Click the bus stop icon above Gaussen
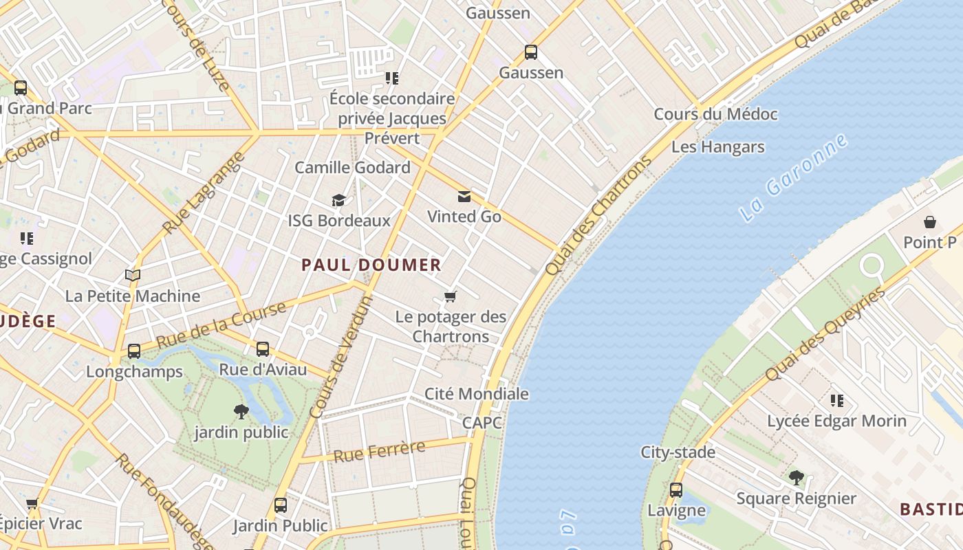click(530, 52)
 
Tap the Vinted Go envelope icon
click(464, 197)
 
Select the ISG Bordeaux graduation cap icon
click(338, 200)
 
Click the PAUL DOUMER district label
click(371, 265)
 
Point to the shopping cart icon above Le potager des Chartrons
click(451, 296)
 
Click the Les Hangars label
click(717, 146)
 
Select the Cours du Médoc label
click(715, 114)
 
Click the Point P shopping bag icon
click(930, 222)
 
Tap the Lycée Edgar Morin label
click(836, 421)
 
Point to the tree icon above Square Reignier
click(796, 477)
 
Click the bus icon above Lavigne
click(676, 489)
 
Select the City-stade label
click(678, 452)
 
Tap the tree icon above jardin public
click(241, 412)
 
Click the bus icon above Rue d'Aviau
click(263, 349)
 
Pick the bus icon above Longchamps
click(134, 351)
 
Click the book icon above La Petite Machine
click(133, 276)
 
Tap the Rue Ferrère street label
click(379, 452)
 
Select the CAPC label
click(481, 423)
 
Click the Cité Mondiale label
click(477, 394)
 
